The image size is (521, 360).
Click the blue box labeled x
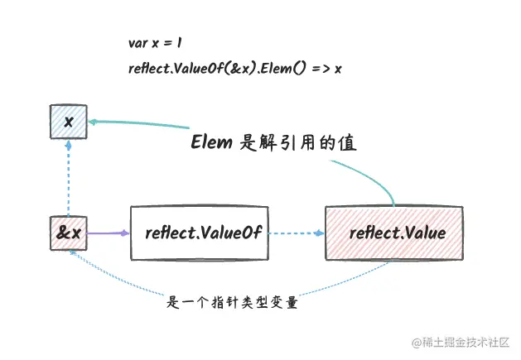pos(69,122)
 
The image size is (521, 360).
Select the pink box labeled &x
pos(69,233)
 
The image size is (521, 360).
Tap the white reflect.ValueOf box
pos(199,233)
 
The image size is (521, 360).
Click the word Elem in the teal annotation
pos(211,142)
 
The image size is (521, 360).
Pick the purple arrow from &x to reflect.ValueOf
pos(108,233)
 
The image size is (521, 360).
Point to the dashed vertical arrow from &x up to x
pos(69,178)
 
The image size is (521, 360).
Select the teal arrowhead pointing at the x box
pos(93,121)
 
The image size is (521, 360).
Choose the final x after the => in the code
pos(338,69)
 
